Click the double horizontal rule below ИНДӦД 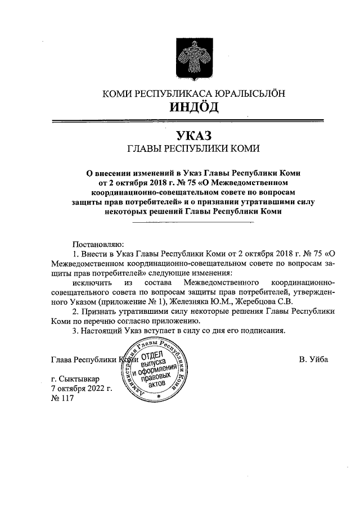(192, 120)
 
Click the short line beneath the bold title (192, 223)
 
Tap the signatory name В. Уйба (313, 359)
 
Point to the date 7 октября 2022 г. (82, 388)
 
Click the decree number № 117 (61, 398)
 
